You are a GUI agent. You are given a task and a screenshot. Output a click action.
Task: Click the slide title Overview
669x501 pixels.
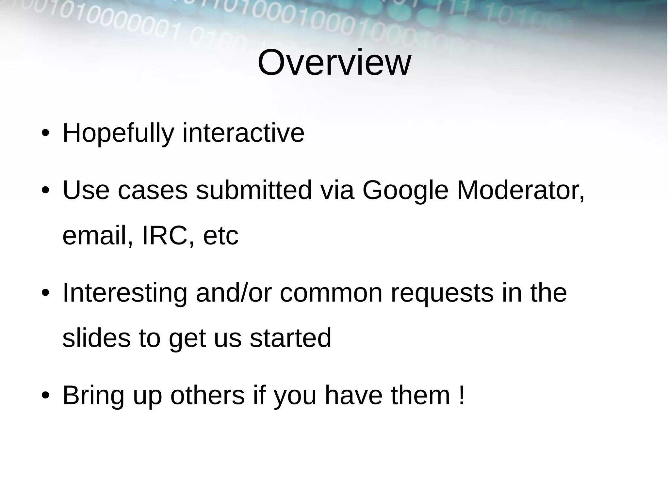[x=334, y=63]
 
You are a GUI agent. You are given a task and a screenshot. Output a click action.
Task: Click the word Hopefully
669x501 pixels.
[x=118, y=133]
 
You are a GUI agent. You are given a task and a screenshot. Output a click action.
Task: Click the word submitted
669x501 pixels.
[x=254, y=190]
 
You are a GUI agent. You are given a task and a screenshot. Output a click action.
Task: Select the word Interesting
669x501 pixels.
[x=125, y=293]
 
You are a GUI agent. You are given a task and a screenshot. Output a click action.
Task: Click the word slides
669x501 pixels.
[x=96, y=338]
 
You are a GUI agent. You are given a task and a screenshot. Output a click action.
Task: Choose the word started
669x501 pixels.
[x=290, y=338]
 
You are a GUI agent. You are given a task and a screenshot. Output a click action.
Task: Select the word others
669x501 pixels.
[x=207, y=395]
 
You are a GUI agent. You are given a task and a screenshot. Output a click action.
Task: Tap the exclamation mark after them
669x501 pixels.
[x=461, y=395]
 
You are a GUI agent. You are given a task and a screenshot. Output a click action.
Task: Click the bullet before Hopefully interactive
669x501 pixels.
[x=45, y=134]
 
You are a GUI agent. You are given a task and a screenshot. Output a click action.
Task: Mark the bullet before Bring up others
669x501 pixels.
[x=45, y=396]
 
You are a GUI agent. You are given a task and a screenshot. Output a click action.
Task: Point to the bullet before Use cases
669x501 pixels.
[x=45, y=191]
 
